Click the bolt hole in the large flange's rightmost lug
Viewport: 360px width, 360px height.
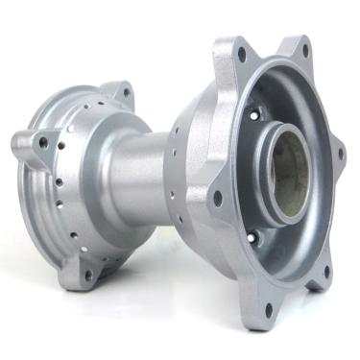338,152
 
